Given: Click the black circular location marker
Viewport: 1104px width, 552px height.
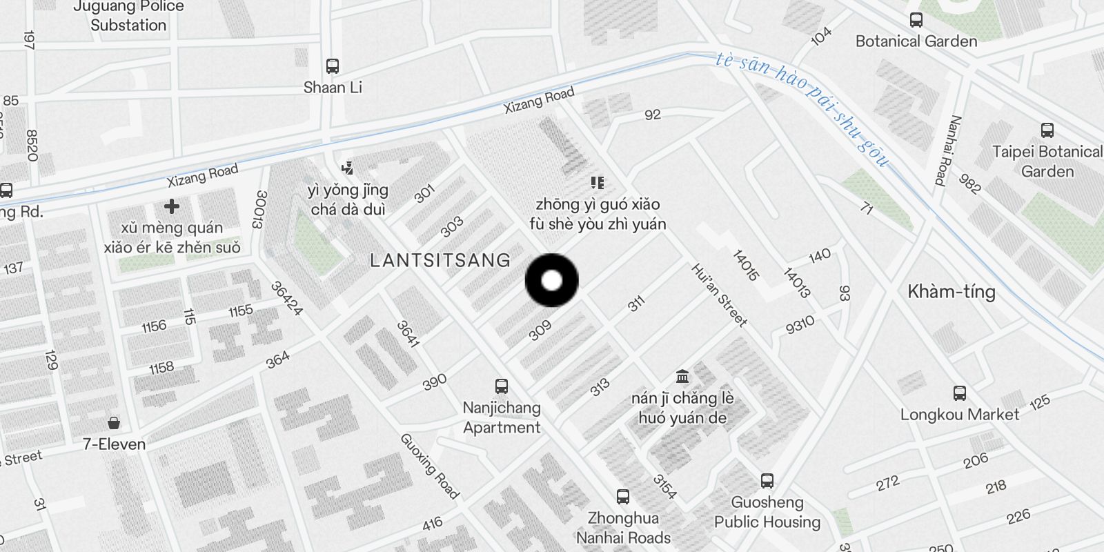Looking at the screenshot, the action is (x=551, y=280).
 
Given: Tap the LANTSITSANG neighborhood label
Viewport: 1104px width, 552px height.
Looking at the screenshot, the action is (x=440, y=260).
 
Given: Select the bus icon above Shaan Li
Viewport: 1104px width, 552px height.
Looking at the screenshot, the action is (x=333, y=66).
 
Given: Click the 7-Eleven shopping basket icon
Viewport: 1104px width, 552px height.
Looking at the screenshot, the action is (x=114, y=422).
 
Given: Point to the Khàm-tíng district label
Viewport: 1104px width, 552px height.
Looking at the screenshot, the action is (x=951, y=291).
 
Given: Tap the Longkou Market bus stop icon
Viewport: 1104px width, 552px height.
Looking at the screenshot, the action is (x=959, y=393).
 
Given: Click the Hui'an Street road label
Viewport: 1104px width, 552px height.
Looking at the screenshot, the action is (x=719, y=295).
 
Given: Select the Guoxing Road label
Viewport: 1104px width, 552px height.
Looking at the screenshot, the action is (x=429, y=466).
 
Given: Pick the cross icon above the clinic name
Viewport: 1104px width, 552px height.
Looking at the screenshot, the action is (x=172, y=206).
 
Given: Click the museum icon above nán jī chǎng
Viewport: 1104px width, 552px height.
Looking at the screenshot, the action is (x=682, y=376).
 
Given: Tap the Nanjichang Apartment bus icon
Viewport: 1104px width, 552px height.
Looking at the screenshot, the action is (x=502, y=386).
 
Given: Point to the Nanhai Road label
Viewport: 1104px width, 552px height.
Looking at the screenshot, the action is (x=947, y=150).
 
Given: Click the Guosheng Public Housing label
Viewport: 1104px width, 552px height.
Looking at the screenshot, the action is (x=767, y=512).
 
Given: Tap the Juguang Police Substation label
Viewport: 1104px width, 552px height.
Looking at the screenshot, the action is (x=128, y=16).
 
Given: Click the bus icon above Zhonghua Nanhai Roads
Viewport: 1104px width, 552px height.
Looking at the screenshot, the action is (x=623, y=496).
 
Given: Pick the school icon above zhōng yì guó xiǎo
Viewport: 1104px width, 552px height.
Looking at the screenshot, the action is (x=598, y=183).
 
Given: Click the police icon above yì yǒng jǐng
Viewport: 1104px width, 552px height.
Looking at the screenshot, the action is (x=347, y=168).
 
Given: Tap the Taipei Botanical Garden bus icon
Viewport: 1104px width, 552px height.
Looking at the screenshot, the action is (x=1047, y=130).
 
